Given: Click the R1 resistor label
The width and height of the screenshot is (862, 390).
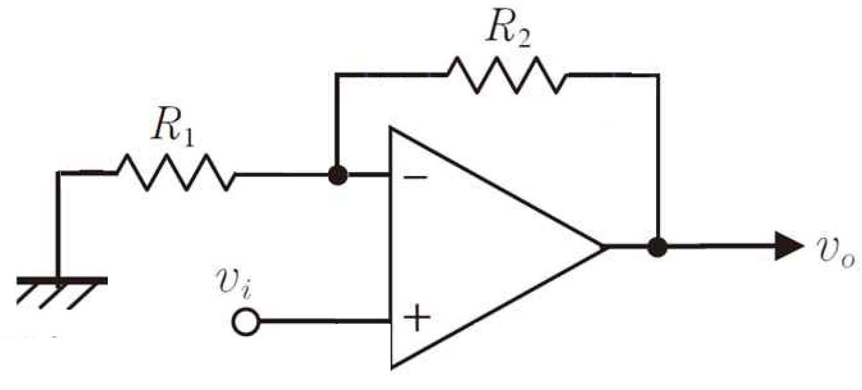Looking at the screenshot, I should [x=172, y=129].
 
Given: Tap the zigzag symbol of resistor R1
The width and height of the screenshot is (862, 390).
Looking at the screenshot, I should [x=175, y=173].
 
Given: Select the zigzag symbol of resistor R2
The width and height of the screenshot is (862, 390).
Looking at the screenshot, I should [x=507, y=76].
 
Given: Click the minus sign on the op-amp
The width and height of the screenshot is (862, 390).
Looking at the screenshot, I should [x=415, y=177].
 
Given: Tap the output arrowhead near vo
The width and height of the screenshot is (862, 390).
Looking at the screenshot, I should [x=788, y=247].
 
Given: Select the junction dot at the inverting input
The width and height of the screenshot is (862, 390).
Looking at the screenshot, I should [x=337, y=175].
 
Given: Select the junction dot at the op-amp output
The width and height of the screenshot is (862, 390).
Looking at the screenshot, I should [x=657, y=247].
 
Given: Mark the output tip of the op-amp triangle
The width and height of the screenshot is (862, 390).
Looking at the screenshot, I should [x=603, y=247].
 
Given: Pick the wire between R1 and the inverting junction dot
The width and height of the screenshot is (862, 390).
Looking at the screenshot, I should [x=282, y=174].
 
